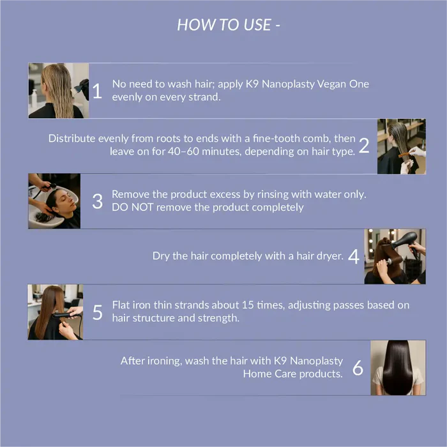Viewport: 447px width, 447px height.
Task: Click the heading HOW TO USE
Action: (224, 25)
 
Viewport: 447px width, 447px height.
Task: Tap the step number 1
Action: (97, 91)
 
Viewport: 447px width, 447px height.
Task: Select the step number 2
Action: (364, 146)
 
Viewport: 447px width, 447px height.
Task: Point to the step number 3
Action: (98, 201)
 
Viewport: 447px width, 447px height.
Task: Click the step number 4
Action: (354, 256)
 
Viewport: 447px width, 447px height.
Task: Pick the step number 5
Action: (98, 312)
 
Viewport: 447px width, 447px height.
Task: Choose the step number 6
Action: (358, 367)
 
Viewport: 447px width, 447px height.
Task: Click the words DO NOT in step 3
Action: (133, 208)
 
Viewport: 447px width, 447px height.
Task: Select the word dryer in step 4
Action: (331, 256)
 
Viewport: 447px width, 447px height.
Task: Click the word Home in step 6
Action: (257, 374)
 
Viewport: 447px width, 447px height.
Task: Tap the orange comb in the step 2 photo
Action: (405, 155)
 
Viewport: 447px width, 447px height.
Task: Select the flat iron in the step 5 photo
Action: (64, 315)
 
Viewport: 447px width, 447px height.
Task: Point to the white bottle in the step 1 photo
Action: (34, 98)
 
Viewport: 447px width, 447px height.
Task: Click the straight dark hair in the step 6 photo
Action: (398, 367)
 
